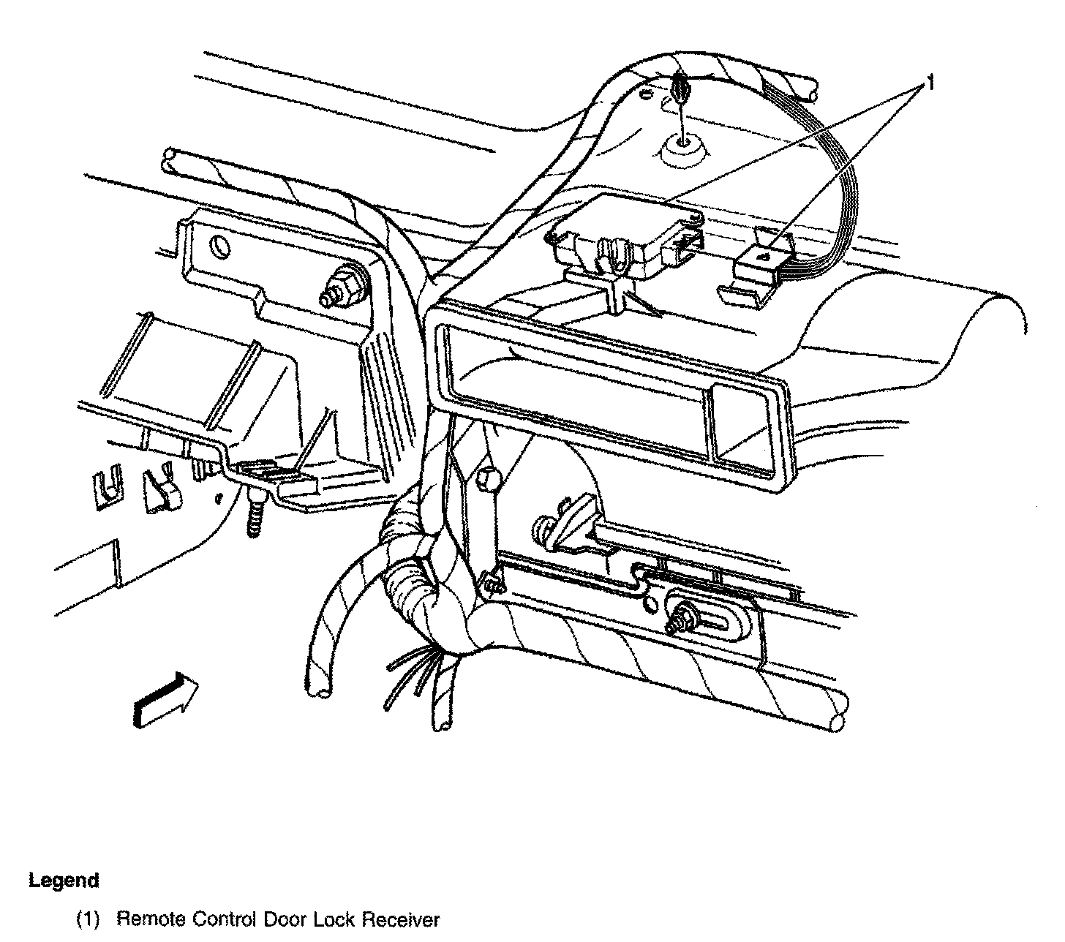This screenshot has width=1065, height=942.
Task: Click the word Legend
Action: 64,880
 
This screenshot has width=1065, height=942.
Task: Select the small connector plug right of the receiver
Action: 761,260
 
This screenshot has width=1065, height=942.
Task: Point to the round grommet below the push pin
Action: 683,152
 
